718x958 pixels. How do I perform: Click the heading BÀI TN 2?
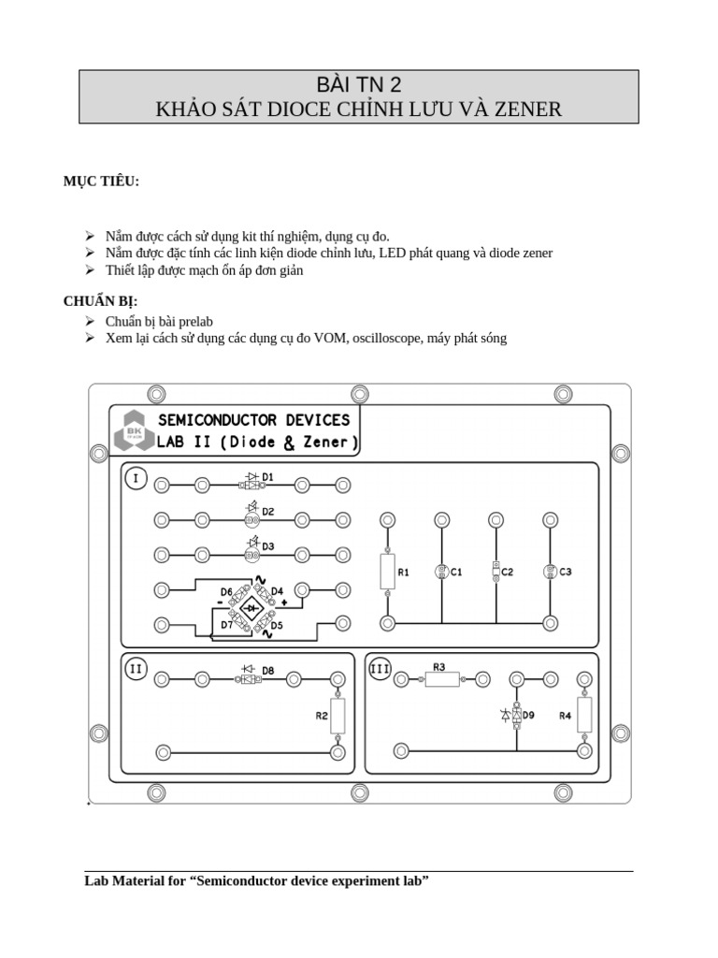click(x=358, y=83)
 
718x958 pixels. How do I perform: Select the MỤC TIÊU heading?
click(x=101, y=181)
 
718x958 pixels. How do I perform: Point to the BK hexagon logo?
click(x=130, y=429)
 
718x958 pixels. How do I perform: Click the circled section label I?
click(x=136, y=479)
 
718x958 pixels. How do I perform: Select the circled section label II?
click(x=136, y=668)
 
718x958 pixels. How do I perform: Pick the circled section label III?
click(x=381, y=668)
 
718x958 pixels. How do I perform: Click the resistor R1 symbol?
click(x=387, y=571)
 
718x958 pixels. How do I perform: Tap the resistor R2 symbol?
click(x=337, y=717)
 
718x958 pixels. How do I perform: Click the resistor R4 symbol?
click(x=584, y=715)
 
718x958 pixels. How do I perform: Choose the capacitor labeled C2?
click(x=495, y=571)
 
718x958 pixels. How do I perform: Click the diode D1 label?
click(x=267, y=477)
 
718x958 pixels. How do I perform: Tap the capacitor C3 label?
click(x=566, y=572)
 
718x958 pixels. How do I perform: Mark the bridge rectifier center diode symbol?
click(x=251, y=608)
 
